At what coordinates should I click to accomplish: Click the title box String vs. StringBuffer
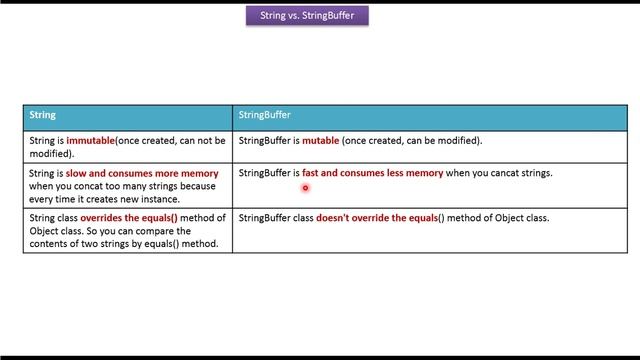tap(307, 16)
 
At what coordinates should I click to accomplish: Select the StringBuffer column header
tap(264, 115)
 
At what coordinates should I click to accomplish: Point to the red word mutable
tap(320, 141)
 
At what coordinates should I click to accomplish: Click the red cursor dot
tap(305, 187)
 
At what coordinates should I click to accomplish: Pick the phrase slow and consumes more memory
tap(142, 173)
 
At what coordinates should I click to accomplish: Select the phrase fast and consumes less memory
tap(372, 173)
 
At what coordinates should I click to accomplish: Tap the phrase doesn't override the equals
tap(377, 218)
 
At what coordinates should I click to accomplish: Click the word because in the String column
tap(198, 186)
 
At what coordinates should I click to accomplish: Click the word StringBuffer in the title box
tap(333, 16)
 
